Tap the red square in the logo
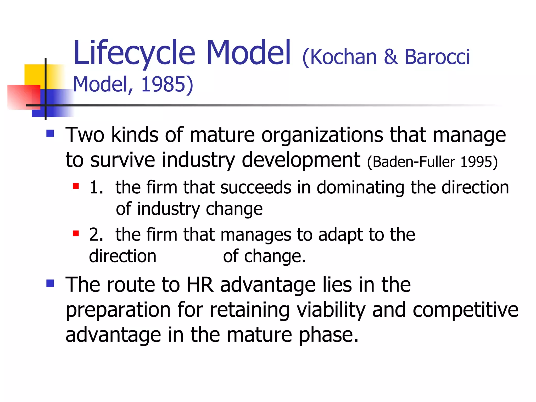coord(24,97)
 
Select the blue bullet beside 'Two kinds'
coord(50,133)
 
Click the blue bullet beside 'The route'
coord(50,283)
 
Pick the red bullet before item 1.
coord(76,186)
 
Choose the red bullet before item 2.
coord(76,233)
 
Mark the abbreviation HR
coord(200,284)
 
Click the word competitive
coord(465,310)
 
